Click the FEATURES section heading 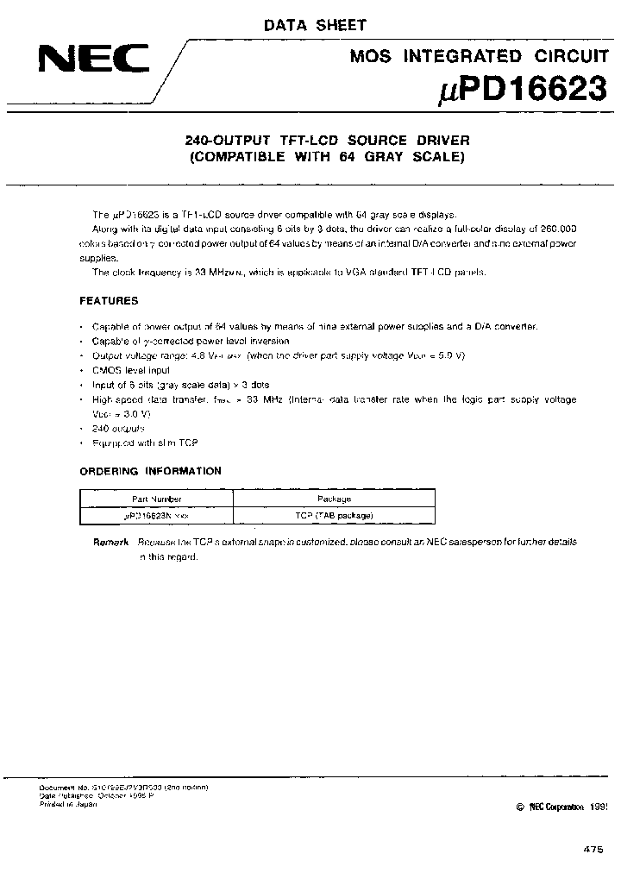(x=109, y=301)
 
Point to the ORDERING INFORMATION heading (x=150, y=471)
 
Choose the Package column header (x=334, y=499)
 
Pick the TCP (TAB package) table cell (x=334, y=515)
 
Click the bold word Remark (x=111, y=542)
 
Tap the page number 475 (x=593, y=850)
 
